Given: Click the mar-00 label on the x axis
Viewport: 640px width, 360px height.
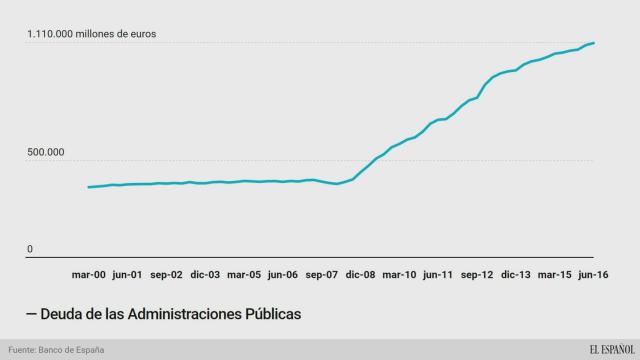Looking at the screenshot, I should (89, 274).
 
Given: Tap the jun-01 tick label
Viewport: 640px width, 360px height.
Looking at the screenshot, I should (127, 274).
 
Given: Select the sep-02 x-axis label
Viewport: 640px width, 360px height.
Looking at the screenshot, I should (165, 274).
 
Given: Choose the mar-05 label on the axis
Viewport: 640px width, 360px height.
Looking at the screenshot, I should (244, 274).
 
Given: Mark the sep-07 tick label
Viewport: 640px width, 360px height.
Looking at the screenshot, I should (321, 274).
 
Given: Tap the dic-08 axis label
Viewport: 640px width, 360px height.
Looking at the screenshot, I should (360, 274).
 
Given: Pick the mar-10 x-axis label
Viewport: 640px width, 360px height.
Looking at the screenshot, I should (400, 274).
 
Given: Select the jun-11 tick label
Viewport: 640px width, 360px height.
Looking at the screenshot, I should (438, 274).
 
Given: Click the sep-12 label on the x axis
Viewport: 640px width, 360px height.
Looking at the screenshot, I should (476, 274).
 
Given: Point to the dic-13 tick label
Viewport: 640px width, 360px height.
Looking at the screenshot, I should (515, 274).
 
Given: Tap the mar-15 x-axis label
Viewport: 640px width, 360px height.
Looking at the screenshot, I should (555, 274).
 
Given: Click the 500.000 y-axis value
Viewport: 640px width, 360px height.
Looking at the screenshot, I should (46, 153).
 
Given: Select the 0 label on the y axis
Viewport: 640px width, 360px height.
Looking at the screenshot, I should (30, 249).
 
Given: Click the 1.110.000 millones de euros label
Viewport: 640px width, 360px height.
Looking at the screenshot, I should (91, 34).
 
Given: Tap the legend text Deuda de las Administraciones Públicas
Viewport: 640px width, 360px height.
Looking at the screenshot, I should (164, 314).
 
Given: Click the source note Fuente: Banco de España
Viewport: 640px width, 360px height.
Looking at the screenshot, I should (56, 350).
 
